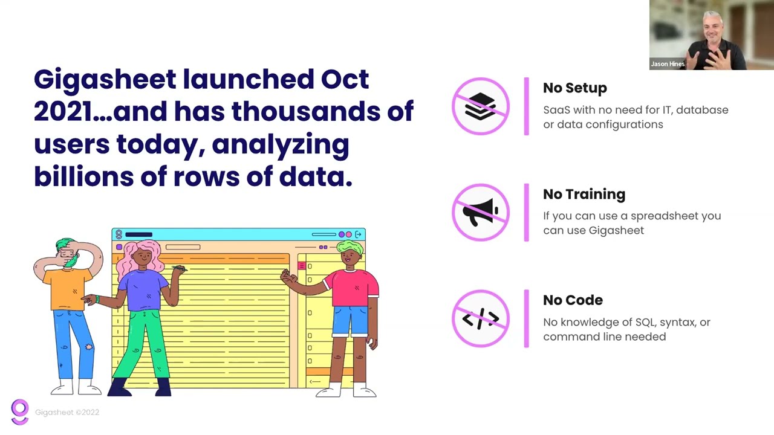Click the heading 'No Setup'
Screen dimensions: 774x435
pyautogui.click(x=575, y=88)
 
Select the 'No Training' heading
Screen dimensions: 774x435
pyautogui.click(x=584, y=195)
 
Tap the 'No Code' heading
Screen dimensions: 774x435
pyautogui.click(x=573, y=300)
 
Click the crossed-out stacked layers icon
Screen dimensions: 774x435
pyautogui.click(x=481, y=106)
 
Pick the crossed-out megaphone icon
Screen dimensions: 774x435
pyautogui.click(x=481, y=212)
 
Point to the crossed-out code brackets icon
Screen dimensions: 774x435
pyautogui.click(x=481, y=318)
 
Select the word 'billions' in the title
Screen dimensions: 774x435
pyautogui.click(x=83, y=176)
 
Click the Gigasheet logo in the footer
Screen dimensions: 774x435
pyautogui.click(x=20, y=411)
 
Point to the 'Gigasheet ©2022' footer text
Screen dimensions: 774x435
pyautogui.click(x=67, y=412)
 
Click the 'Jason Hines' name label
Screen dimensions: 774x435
pyautogui.click(x=668, y=64)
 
